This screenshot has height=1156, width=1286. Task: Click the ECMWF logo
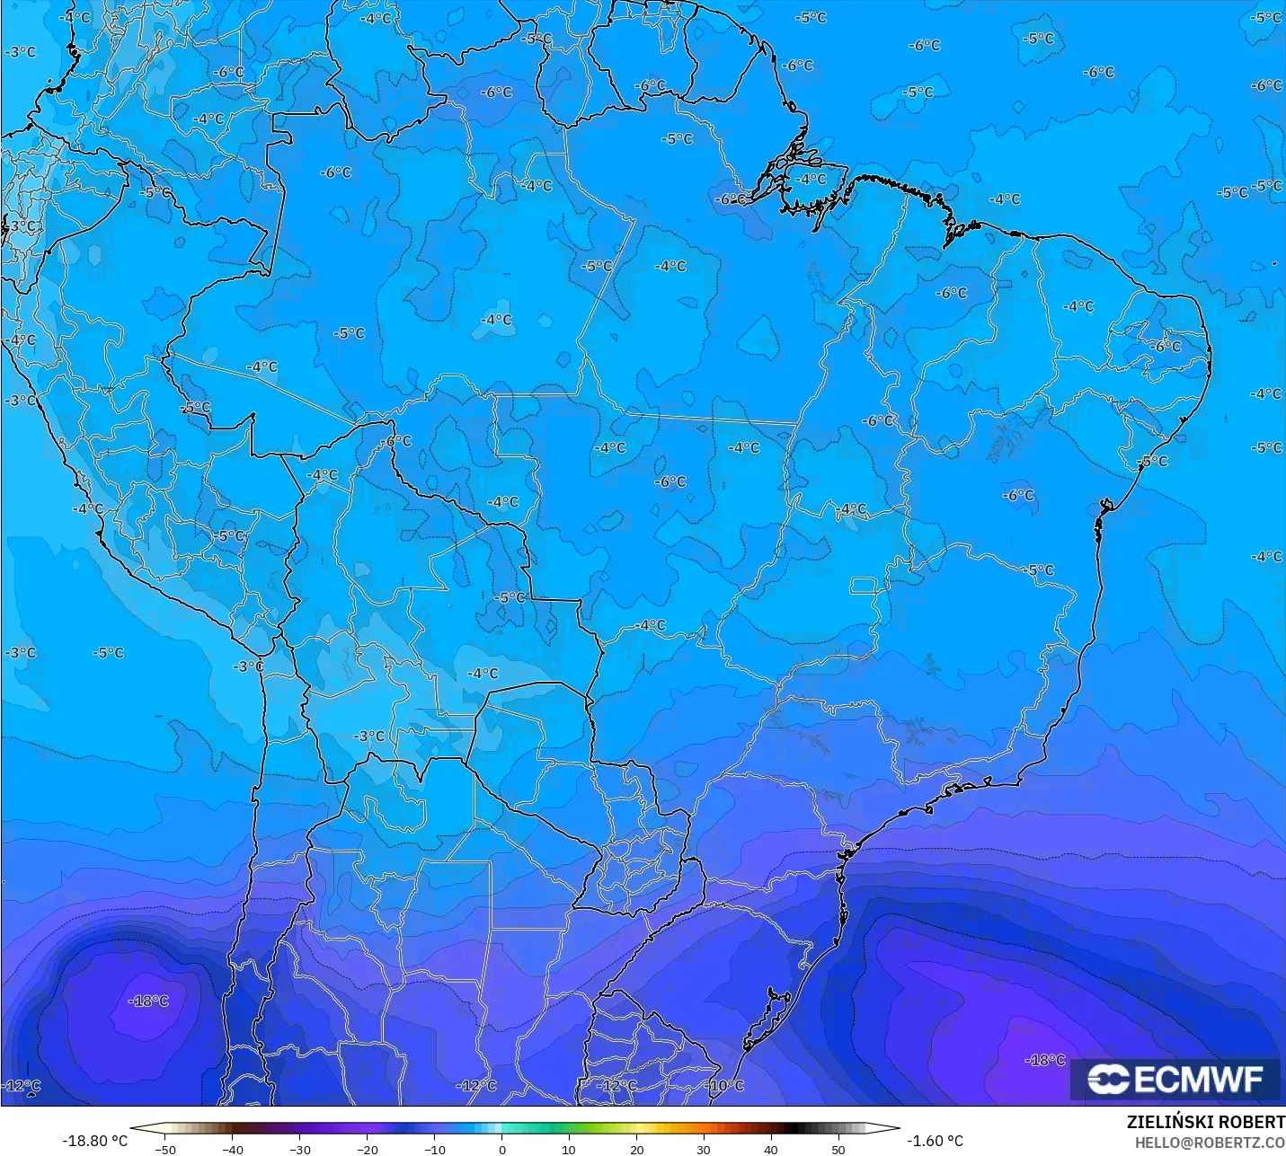[x=1175, y=1079]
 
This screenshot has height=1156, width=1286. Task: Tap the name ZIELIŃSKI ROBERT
[x=1205, y=1123]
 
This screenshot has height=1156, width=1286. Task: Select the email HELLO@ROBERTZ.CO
[x=1209, y=1143]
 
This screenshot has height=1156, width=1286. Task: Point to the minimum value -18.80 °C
[x=94, y=1141]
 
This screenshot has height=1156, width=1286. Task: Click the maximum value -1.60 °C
[x=935, y=1141]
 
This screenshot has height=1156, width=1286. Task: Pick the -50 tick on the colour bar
[x=165, y=1149]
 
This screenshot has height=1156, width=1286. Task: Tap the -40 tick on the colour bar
[x=233, y=1149]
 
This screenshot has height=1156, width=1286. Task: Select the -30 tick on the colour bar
[x=300, y=1149]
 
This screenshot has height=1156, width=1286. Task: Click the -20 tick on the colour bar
[x=368, y=1149]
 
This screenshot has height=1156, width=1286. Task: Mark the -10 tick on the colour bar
[x=435, y=1149]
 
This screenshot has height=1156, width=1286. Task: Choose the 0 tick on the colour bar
[x=501, y=1149]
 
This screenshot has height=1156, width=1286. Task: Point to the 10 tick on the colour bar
[x=569, y=1149]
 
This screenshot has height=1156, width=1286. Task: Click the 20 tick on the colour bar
[x=636, y=1149]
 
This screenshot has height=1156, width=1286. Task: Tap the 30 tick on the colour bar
[x=704, y=1149]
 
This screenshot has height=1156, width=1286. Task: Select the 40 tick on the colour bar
[x=771, y=1149]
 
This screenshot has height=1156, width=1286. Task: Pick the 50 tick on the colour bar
[x=838, y=1149]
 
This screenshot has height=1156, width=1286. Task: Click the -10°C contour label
[x=726, y=1086]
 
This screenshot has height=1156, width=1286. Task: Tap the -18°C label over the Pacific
[x=149, y=1002]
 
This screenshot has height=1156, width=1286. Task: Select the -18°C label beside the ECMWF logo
[x=1045, y=1061]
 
